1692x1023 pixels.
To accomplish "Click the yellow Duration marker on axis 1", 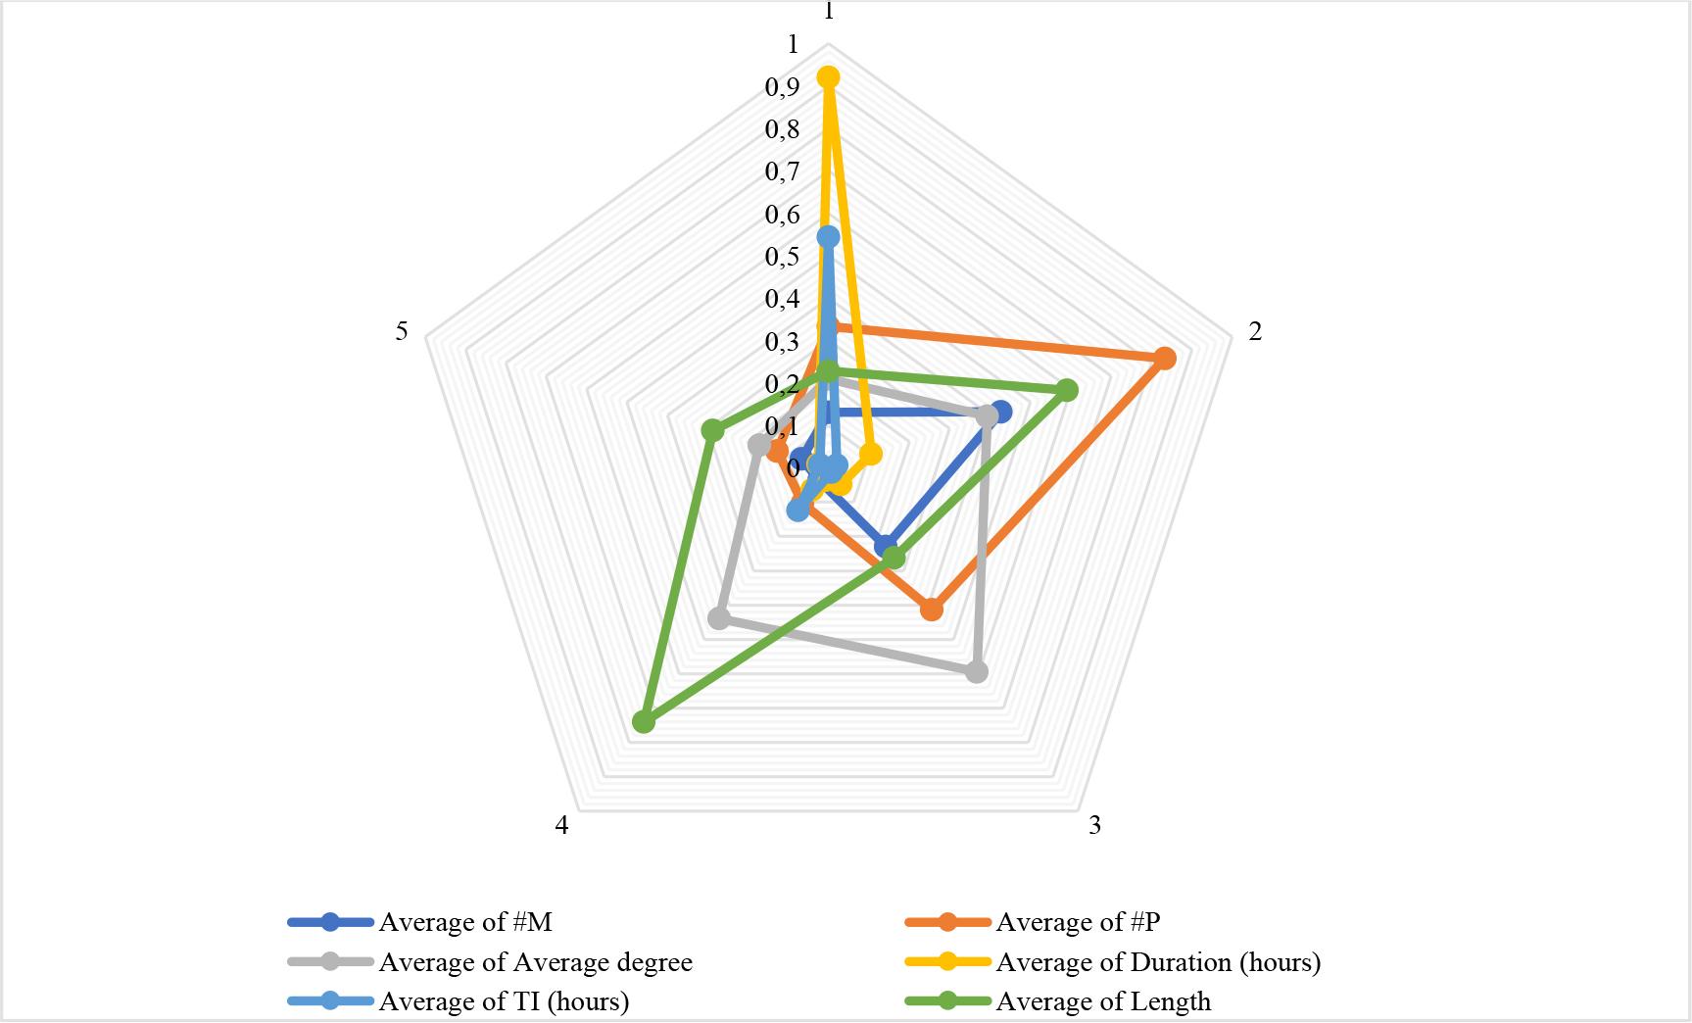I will point(829,77).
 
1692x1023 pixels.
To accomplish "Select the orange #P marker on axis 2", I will point(1164,359).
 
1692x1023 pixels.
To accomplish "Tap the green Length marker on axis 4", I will point(643,723).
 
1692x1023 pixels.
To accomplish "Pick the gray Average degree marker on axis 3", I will point(977,672).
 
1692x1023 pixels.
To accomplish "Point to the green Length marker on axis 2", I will point(1067,390).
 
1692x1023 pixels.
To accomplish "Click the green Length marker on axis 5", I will point(712,430).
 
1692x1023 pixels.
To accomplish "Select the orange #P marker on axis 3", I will point(932,609).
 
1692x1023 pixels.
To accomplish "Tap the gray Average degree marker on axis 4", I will point(719,618).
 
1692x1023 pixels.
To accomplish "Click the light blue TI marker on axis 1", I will point(829,237).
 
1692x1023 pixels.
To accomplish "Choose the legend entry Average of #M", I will point(465,922).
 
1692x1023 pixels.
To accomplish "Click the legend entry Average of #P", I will point(1078,922).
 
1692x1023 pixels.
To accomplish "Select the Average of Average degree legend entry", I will point(535,962).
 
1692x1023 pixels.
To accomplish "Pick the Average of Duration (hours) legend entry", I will point(1158,962).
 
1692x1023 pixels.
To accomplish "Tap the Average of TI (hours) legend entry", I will point(504,1001).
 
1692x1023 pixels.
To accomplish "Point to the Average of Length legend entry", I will point(1103,1001).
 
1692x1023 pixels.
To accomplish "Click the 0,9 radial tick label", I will point(782,87).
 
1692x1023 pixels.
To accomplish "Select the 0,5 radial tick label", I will point(782,257).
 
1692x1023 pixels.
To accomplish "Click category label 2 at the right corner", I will point(1255,331).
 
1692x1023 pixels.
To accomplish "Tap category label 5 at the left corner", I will point(402,331).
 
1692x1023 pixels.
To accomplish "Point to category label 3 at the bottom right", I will point(1094,825).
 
